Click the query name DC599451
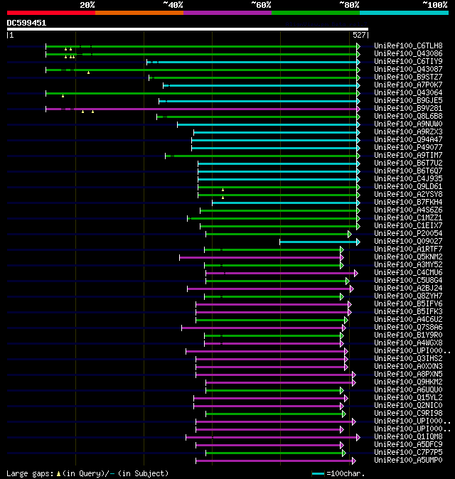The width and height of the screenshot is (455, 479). coord(27,23)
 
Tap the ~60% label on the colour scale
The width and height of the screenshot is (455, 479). coord(261,5)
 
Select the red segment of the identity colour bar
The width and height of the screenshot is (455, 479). coord(50,13)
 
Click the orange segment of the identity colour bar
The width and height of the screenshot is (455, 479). coord(139,13)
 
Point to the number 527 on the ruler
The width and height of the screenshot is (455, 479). coord(358,35)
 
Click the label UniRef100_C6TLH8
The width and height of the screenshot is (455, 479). coord(407,45)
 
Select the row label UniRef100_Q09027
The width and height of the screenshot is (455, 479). coord(407,241)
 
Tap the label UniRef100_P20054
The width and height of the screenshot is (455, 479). coord(407,233)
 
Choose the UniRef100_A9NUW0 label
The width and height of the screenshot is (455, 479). coord(407,124)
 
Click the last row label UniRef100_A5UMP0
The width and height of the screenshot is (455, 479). coord(407,460)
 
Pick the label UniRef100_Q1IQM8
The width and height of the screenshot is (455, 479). coord(407,436)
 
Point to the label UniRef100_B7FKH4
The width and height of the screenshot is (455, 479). coord(407,202)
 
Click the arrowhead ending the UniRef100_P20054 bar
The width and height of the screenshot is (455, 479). coord(349,234)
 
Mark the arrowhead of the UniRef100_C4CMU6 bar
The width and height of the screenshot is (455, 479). coord(355,273)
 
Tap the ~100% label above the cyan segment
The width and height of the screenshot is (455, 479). coord(434,5)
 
